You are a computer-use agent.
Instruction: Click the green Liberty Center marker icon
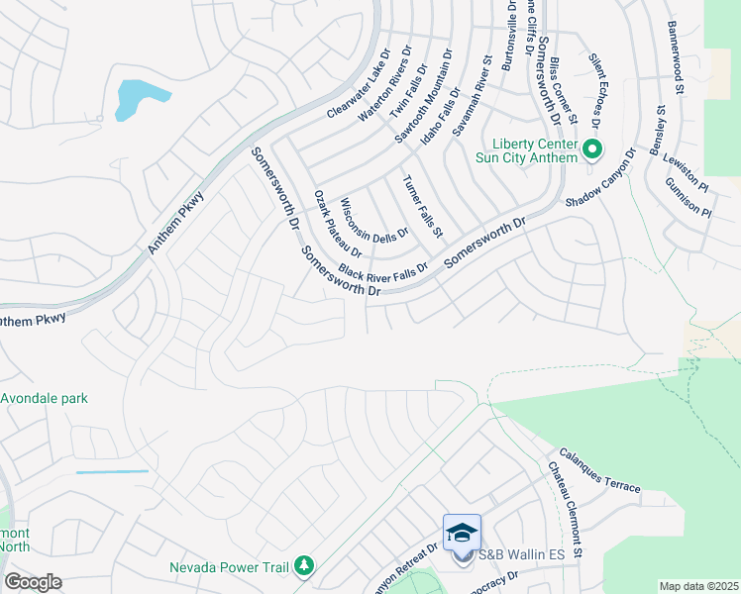coord(593,151)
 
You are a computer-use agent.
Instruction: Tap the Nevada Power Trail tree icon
coord(305,566)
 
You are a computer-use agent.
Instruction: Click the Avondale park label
coord(45,399)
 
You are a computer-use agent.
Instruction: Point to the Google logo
coord(34,582)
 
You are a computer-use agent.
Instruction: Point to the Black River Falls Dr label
coord(383,270)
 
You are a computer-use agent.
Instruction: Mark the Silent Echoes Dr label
coord(597,92)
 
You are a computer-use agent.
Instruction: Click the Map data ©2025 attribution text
coord(698,586)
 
